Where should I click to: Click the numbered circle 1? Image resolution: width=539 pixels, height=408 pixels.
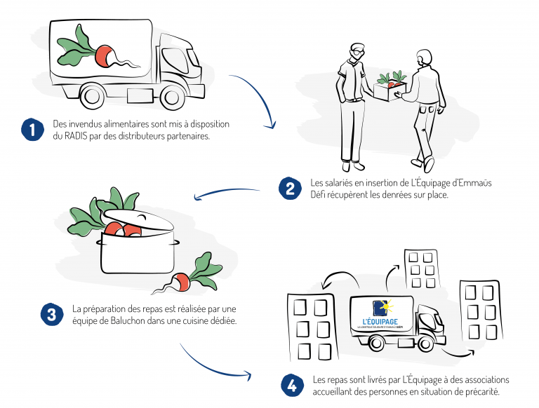pos(32,130)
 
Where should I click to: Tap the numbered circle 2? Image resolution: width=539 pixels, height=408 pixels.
pos(290,189)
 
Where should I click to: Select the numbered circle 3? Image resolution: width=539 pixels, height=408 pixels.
pos(52,315)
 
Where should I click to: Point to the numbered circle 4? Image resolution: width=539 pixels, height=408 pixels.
pos(292,386)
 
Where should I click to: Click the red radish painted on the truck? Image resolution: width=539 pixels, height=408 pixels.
pos(104,55)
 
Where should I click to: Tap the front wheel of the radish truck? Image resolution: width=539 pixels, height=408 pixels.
pos(171,97)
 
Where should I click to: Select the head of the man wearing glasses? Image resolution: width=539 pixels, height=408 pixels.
pos(357,51)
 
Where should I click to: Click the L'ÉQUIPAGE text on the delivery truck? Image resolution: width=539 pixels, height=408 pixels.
pos(380,322)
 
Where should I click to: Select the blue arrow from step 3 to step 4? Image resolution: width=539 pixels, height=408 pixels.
pos(211,367)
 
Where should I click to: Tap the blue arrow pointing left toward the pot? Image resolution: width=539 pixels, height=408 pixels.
pos(227,191)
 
